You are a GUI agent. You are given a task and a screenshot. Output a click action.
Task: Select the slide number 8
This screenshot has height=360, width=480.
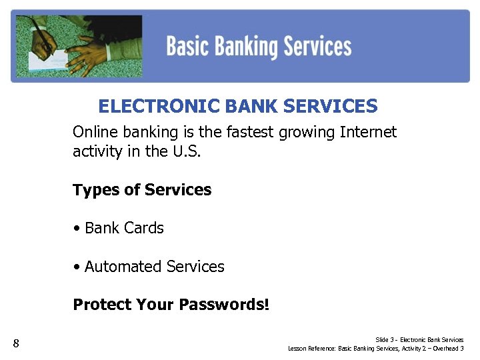click(17, 344)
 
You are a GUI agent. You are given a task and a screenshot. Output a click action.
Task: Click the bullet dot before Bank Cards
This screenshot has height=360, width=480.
click(77, 228)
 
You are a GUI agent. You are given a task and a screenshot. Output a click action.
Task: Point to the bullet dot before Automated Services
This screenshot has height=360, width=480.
click(77, 267)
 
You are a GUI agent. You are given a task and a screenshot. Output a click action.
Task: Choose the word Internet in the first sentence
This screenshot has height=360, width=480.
click(368, 132)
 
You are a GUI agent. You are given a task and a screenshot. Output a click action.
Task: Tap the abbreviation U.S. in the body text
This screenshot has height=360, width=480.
click(186, 151)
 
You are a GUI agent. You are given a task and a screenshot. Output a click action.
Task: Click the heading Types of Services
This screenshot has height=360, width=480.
click(142, 190)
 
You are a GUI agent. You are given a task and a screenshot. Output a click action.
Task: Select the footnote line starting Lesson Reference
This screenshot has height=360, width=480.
click(375, 348)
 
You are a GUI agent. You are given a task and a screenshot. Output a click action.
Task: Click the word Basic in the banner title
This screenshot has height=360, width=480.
click(189, 47)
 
